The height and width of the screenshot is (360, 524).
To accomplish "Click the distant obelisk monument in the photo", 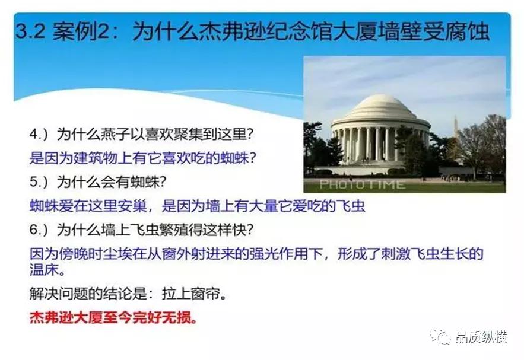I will click(x=455, y=128).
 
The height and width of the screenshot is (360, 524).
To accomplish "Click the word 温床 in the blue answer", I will click(x=43, y=269).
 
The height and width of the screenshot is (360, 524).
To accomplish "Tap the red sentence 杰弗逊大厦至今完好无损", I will click(x=113, y=317).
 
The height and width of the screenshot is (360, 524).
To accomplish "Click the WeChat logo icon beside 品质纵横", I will click(x=441, y=337).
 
